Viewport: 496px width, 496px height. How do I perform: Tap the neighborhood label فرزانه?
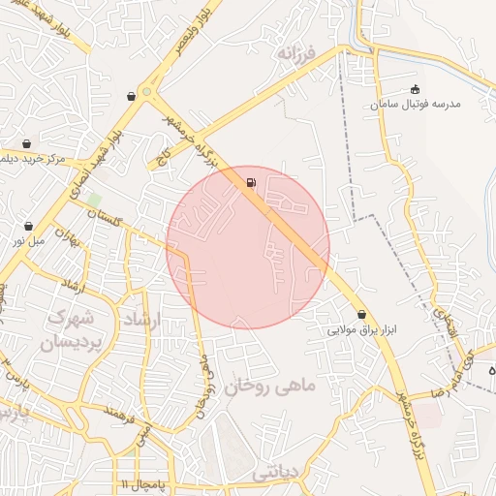296,51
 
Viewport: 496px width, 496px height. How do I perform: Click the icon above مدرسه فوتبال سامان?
416,89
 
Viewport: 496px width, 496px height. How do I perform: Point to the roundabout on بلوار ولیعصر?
147,94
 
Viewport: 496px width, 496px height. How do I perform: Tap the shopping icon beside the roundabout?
131,96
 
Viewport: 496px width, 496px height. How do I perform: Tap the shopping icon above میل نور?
28,226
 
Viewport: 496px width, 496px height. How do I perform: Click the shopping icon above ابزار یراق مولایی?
362,314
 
